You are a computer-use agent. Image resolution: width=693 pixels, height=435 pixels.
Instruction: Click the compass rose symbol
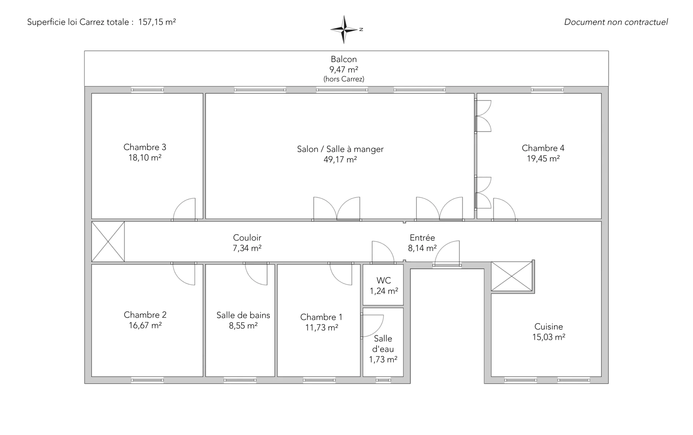point(345,30)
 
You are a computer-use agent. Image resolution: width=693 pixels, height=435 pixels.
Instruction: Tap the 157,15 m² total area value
point(157,22)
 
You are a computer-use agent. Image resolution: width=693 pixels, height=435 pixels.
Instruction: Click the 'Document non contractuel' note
point(616,22)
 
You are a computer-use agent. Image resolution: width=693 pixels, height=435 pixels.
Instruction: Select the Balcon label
point(344,59)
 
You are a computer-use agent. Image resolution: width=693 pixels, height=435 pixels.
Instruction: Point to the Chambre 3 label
point(145,147)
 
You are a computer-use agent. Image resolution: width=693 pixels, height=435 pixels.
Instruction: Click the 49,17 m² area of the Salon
point(340,159)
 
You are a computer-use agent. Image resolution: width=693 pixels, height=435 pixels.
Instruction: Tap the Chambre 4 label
point(543,148)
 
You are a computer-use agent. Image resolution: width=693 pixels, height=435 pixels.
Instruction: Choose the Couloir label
point(247,238)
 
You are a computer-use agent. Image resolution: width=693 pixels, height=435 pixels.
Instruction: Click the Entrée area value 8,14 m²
point(422,248)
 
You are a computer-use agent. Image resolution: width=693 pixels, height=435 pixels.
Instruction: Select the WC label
point(384,281)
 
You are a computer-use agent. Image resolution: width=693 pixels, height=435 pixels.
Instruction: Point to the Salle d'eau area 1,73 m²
point(383,360)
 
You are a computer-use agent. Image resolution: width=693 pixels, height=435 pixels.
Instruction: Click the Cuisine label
point(549,327)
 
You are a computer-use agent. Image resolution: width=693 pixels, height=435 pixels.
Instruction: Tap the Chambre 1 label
point(321,317)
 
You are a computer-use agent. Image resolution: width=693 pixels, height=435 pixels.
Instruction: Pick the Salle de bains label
point(243,315)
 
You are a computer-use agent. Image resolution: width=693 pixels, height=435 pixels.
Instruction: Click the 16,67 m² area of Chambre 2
point(145,325)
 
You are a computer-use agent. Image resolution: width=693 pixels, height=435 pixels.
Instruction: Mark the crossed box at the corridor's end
point(108,241)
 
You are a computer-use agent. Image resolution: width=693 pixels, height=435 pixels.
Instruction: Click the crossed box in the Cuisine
point(512,276)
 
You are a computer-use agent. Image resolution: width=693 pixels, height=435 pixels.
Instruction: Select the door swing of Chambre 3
point(184,209)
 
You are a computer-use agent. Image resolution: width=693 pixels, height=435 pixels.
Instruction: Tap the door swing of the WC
point(383,252)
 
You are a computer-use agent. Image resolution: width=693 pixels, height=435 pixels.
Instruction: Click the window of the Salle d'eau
point(383,380)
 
